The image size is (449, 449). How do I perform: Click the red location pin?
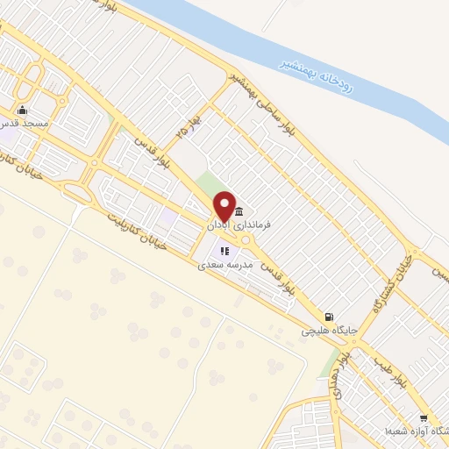tap(224, 205)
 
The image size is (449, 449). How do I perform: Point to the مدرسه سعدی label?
tap(226, 263)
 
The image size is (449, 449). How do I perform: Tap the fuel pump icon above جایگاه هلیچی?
tap(328, 317)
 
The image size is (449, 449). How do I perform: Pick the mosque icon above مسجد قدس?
tap(22, 110)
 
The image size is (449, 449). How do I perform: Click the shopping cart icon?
tap(424, 419)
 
